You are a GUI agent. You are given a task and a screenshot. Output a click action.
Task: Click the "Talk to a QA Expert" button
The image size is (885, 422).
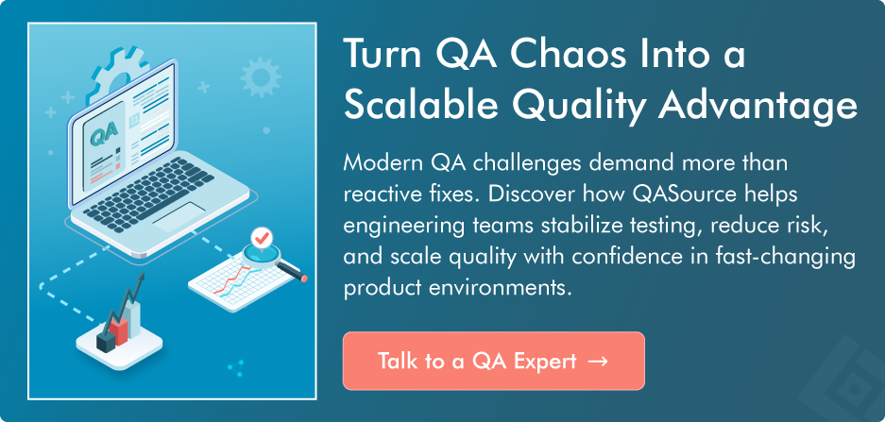click(493, 361)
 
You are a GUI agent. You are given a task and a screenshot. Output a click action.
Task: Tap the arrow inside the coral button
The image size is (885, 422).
click(597, 361)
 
